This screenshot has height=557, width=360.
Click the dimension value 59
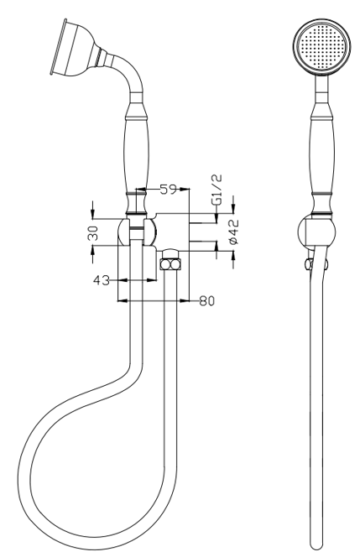point(168,190)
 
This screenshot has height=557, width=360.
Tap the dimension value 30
point(93,233)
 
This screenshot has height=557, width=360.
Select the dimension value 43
point(102,280)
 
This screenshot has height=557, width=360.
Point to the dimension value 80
point(206,301)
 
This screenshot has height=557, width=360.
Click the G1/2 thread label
point(217,190)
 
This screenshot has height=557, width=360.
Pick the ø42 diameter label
point(234,232)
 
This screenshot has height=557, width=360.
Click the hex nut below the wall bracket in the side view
point(170,264)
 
